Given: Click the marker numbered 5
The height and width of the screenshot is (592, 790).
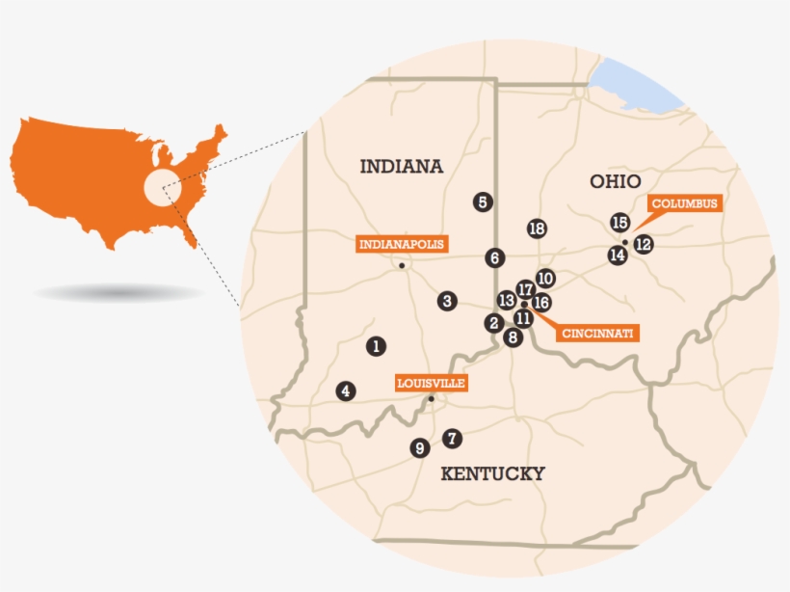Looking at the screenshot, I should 483,202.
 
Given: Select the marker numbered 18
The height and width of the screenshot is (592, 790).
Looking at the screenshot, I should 538,229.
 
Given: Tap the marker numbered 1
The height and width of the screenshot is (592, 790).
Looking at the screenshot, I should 376,344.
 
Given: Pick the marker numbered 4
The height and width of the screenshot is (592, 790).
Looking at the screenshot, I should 345,390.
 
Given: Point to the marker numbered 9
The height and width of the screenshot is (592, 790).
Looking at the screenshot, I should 419,447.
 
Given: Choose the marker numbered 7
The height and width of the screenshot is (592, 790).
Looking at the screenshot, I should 452,439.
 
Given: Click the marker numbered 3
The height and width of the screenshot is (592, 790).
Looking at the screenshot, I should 446,301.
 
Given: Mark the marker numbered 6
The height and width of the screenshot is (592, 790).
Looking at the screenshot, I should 494,257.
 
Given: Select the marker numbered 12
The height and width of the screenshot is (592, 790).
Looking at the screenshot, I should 644,244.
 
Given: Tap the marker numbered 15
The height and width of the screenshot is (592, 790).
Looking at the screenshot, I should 620,223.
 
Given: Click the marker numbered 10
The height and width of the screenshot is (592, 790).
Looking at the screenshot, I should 545,278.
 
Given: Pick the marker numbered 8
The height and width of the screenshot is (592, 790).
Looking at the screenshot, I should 513,337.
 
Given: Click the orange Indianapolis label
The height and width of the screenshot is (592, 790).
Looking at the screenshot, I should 402,244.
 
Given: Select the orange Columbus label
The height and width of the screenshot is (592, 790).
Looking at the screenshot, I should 685,203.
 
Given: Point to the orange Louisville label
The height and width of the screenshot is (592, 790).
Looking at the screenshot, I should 432,383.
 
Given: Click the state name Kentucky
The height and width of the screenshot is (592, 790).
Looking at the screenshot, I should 492,472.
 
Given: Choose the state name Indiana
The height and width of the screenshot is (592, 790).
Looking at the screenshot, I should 401,166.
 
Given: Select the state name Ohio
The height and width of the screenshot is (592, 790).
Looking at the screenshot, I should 616,181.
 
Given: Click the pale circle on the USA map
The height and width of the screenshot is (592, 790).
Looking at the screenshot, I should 161,185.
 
